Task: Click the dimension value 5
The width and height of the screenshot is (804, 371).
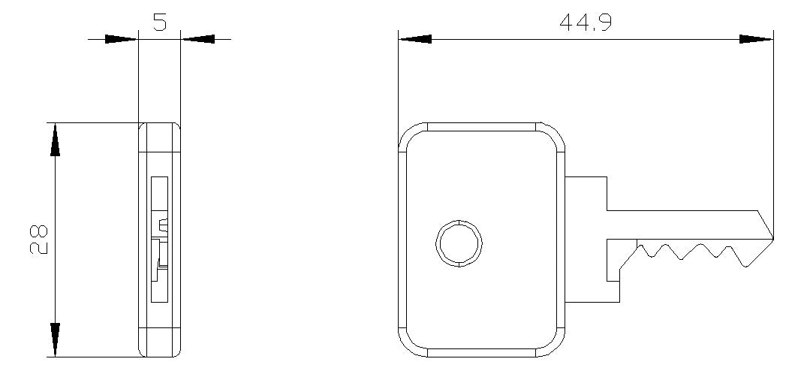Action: [x=160, y=22]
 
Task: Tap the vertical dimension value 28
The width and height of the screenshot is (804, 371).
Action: [x=39, y=239]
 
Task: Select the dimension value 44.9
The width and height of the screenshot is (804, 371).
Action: [x=585, y=23]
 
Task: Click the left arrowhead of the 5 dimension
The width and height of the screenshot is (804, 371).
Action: [x=122, y=39]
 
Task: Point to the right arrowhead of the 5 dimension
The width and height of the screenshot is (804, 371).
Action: [x=198, y=39]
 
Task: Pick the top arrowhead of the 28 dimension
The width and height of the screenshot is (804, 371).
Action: [x=55, y=140]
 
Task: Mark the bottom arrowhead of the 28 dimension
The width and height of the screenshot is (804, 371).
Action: [x=55, y=340]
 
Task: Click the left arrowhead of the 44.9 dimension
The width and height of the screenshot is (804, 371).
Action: [x=415, y=39]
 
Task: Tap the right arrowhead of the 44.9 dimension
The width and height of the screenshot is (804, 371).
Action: [x=756, y=39]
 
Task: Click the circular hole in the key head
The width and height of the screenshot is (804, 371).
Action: [x=459, y=243]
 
